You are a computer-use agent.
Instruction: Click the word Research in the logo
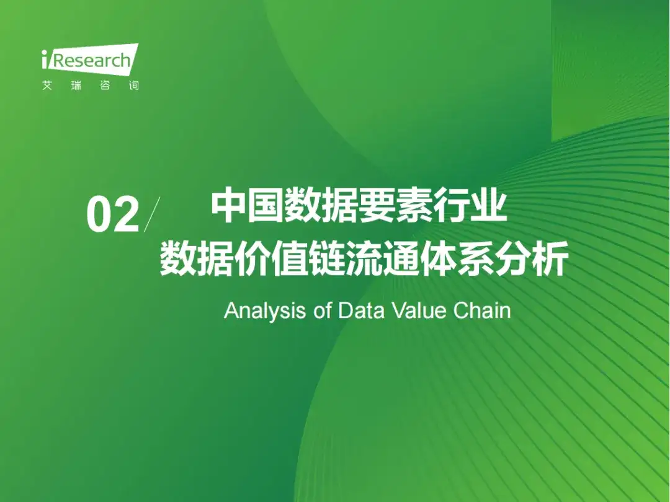point(91,61)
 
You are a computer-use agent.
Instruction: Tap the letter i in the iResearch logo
point(45,59)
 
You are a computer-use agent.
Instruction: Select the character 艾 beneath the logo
point(47,85)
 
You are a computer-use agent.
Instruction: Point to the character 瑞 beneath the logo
point(76,85)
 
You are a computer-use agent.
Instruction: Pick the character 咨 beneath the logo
point(105,85)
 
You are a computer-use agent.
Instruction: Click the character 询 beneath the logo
point(134,85)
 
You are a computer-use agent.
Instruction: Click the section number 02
point(113,214)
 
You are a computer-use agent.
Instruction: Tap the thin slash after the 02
point(152,214)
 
